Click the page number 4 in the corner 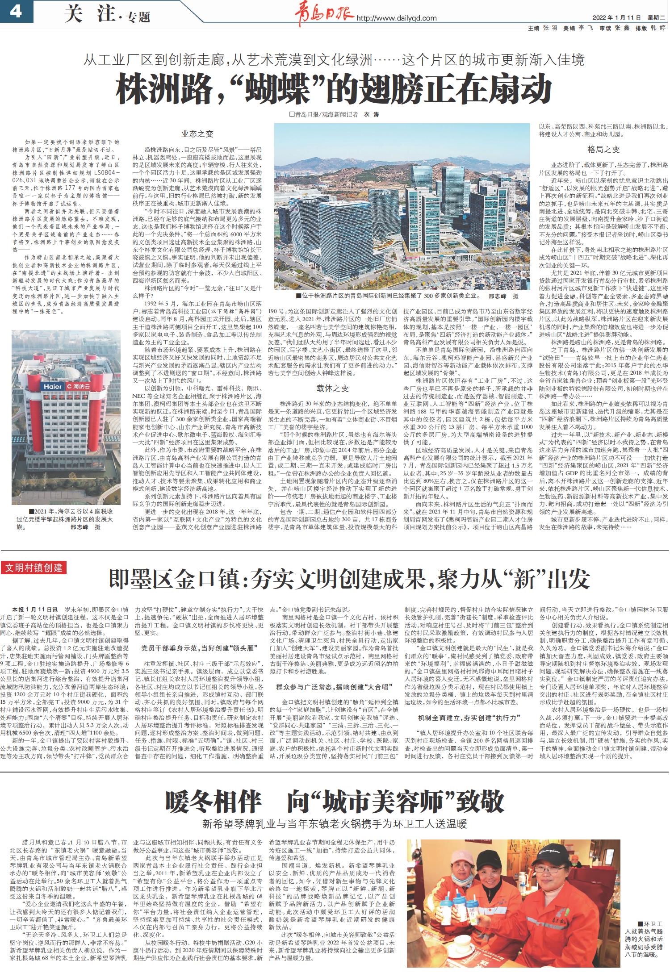coord(16,11)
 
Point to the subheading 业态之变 coord(197,134)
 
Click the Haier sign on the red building coord(52,386)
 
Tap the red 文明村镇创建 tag coord(34,568)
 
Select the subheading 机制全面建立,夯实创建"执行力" coord(469,718)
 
